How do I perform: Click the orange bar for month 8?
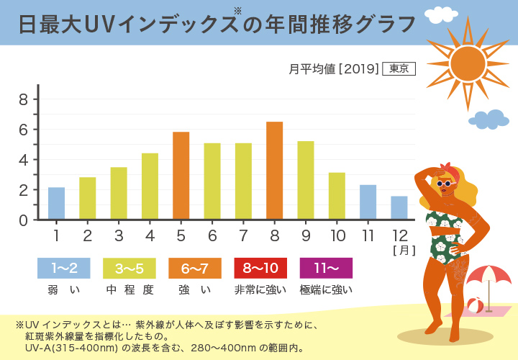[x=274, y=171]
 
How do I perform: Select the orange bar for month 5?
[x=181, y=176]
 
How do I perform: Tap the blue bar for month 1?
[x=56, y=203]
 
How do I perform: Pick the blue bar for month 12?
[x=399, y=207]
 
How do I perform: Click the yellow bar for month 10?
[x=337, y=196]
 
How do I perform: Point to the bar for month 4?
[x=150, y=186]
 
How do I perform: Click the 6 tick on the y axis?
[x=23, y=130]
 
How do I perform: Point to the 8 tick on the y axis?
[x=23, y=99]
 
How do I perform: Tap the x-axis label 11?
[x=368, y=235]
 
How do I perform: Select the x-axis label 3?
[x=119, y=235]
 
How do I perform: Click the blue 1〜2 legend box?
[x=64, y=268]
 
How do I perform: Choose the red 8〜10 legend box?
[x=260, y=268]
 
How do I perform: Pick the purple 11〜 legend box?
[x=326, y=268]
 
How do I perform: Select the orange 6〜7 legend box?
[x=195, y=268]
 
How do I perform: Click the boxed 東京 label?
[x=399, y=69]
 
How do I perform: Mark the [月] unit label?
[x=401, y=251]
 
